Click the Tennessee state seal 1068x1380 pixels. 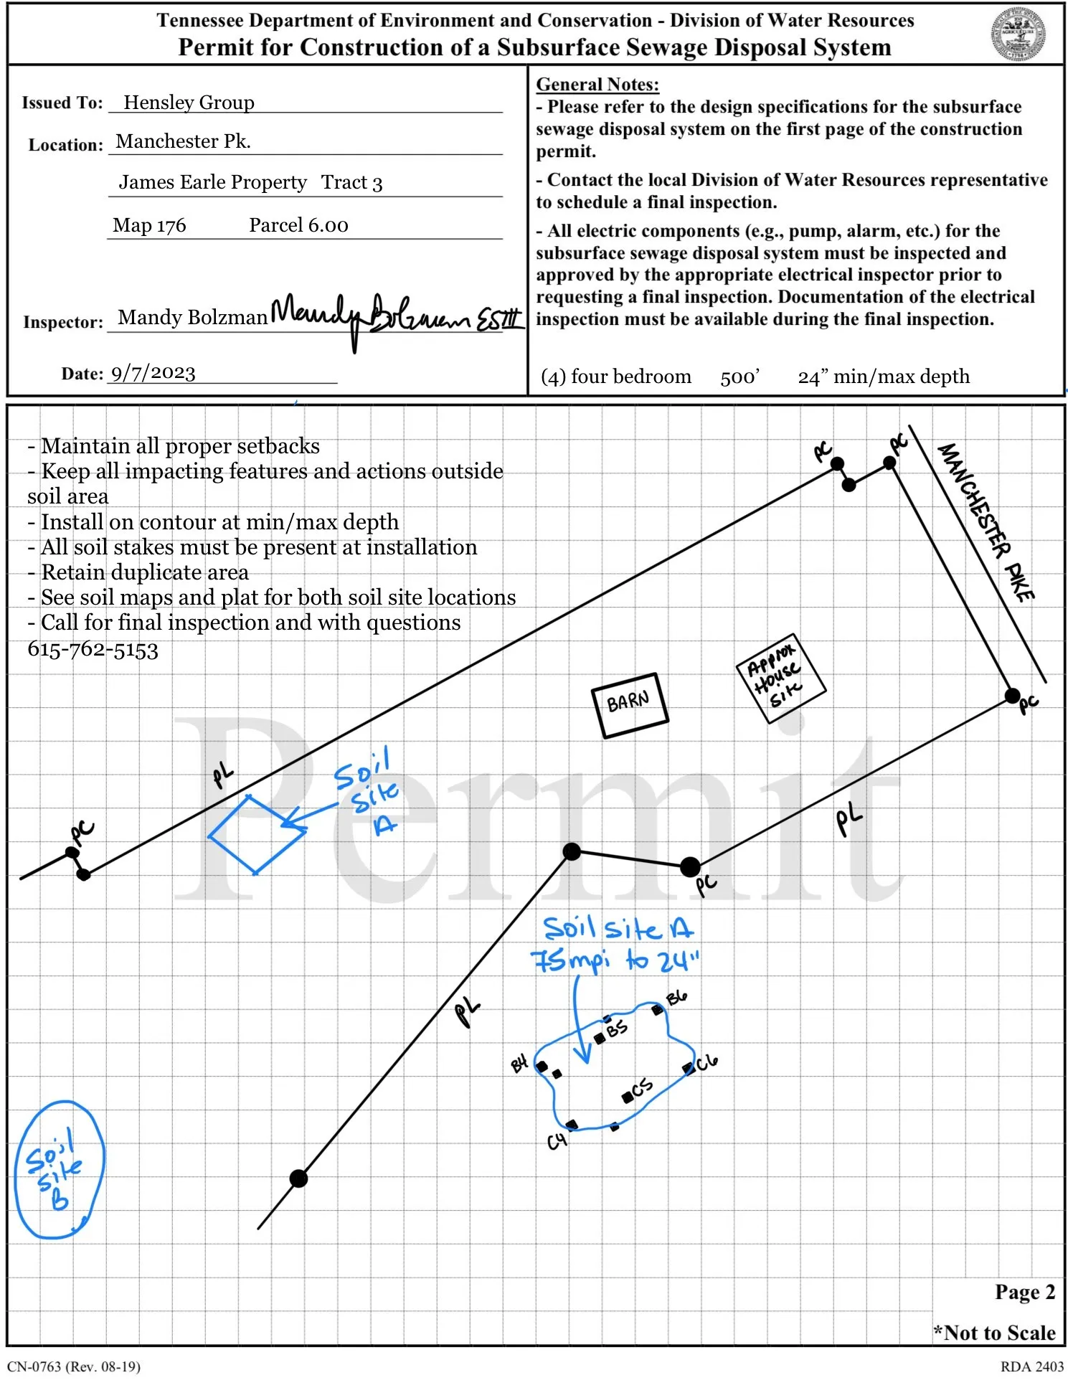pos(1018,34)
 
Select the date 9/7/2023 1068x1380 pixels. pos(153,373)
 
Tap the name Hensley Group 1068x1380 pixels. pos(189,103)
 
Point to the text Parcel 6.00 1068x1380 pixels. pos(298,225)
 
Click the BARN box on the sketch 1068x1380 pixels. pos(629,704)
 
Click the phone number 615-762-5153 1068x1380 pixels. pos(93,650)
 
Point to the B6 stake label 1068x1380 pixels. pos(676,998)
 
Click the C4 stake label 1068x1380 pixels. pos(557,1140)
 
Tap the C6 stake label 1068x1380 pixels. pos(707,1062)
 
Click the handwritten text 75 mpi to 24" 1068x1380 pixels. pos(614,960)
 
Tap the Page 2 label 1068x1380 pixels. pos(1024,1292)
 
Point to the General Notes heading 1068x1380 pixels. pos(597,85)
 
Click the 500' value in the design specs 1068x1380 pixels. pos(739,377)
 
